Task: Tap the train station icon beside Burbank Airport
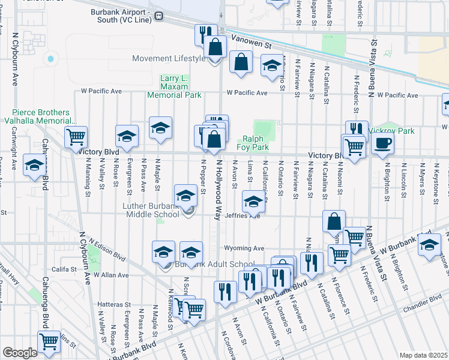point(159,16)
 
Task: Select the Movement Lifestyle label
point(169,58)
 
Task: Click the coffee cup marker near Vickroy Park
point(382,143)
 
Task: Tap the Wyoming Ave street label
point(244,248)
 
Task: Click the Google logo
point(19,353)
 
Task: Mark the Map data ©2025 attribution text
point(423,355)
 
